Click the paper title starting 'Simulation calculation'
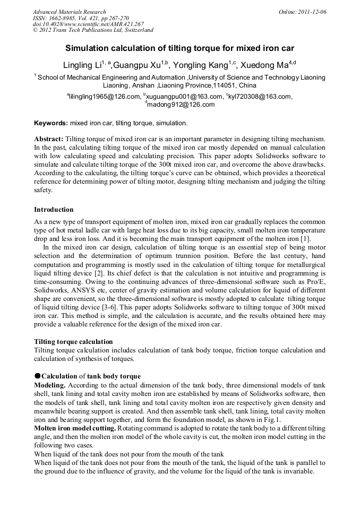[x=179, y=48]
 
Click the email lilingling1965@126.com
[x=104, y=97]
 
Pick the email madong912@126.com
[x=181, y=105]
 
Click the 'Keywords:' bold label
[x=51, y=123]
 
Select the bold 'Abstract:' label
[x=49, y=139]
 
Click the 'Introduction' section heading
[x=54, y=210]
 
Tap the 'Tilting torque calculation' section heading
[x=73, y=341]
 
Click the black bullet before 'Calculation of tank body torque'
[x=38, y=376]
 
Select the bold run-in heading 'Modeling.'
[x=49, y=384]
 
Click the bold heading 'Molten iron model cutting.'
[x=75, y=427]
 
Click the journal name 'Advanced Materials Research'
[x=70, y=12]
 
